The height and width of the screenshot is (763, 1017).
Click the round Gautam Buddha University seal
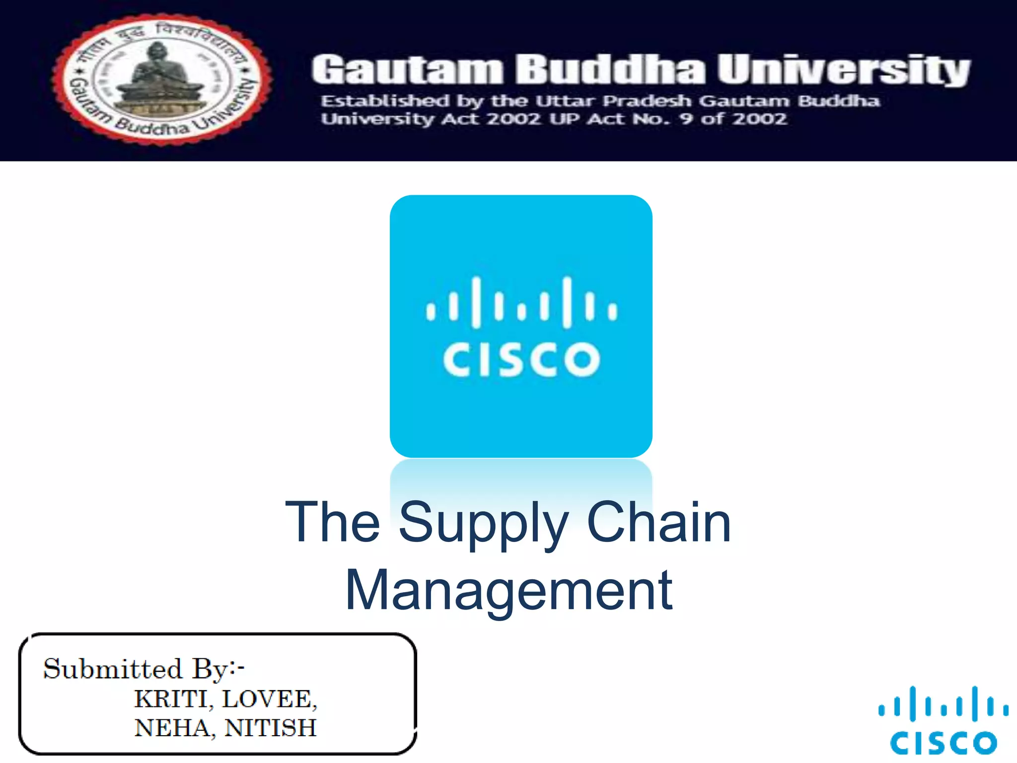tap(161, 79)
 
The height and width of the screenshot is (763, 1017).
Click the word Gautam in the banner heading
tap(407, 70)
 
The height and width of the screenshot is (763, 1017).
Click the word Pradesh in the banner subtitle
tap(647, 101)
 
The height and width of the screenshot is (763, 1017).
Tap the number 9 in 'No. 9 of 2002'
tap(687, 119)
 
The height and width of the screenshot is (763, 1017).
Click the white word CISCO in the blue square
tap(521, 359)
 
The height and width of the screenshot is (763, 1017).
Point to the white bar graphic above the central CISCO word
tap(521, 302)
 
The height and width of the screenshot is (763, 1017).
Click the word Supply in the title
tap(483, 523)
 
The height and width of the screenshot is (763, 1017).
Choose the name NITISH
tap(271, 728)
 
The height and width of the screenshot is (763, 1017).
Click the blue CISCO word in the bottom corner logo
tap(943, 743)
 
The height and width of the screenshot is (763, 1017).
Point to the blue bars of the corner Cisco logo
tap(943, 704)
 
